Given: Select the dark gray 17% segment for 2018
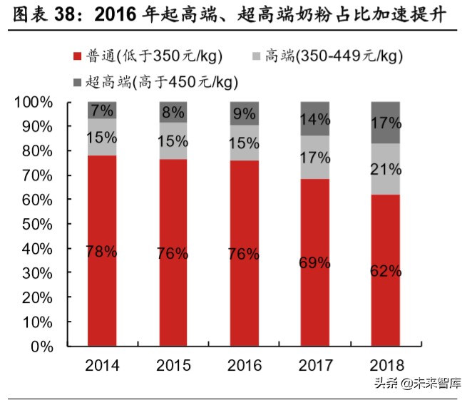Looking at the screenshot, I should pos(386,123).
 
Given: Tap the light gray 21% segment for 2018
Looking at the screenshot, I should pos(386,169).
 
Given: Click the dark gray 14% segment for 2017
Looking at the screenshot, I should pos(314,118).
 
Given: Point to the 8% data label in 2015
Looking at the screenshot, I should pos(173,111).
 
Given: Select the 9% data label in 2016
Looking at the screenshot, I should pos(244,113).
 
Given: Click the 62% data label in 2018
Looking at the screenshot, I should pos(386,271).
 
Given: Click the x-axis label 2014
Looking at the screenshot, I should pos(102,366).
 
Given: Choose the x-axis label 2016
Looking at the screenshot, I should pos(244,366).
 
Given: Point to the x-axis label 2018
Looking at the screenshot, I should pos(386,366).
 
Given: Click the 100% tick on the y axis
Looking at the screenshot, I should pos(34,103).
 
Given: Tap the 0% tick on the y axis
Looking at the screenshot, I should pos(41,347).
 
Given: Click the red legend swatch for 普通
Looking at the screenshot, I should pos(77,56).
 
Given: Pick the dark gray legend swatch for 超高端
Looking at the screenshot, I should pos(77,82).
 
